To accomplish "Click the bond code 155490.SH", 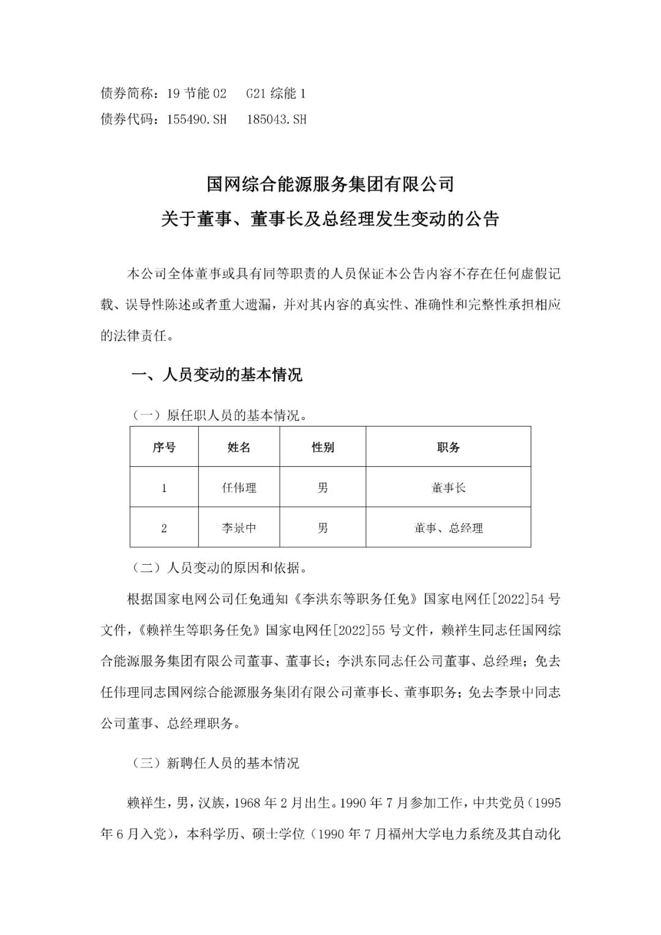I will (196, 119).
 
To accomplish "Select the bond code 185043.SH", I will (276, 119).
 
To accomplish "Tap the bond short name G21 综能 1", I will (276, 94).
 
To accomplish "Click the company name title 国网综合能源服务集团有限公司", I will (330, 184).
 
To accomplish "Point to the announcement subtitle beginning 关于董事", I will (330, 219).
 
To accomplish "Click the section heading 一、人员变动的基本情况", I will (217, 374).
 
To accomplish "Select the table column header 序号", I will (164, 447).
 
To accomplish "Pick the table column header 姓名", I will (239, 447).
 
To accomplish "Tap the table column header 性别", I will (323, 447).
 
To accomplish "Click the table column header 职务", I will (448, 447).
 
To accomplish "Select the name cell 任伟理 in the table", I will (239, 488).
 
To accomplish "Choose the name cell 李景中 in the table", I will (239, 527).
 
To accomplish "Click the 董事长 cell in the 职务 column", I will (448, 488).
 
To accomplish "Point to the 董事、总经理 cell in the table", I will (448, 527).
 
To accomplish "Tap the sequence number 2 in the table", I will (164, 527).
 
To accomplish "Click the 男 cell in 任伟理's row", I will (323, 488).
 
